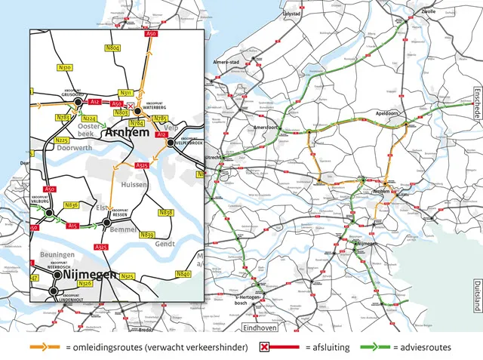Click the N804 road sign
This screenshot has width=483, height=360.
pos(113,48)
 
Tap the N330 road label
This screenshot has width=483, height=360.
pos(66,68)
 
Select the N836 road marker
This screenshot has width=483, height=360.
pos(72,205)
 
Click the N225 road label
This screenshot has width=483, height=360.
pos(62,140)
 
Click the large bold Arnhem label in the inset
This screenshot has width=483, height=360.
pos(127,132)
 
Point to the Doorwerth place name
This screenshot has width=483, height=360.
pos(60,149)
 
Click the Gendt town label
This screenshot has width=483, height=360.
pos(165,245)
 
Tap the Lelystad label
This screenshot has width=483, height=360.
pos(291,14)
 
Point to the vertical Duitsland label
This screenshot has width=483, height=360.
pos(477,297)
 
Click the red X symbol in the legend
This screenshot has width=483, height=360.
pos(265,347)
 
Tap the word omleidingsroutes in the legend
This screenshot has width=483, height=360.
pos(105,347)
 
